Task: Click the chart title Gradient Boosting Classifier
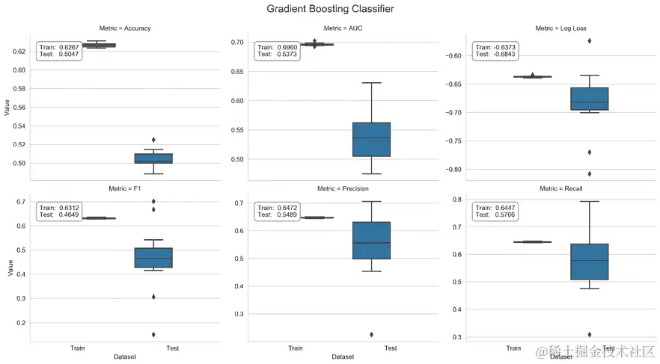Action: click(x=330, y=9)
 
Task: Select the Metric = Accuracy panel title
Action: click(x=125, y=28)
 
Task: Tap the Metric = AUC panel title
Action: click(x=343, y=28)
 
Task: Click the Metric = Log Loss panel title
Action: click(x=561, y=28)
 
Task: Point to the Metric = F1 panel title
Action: click(x=125, y=189)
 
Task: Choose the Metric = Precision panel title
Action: click(x=343, y=189)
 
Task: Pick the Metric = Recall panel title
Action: click(x=561, y=189)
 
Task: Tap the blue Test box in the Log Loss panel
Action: click(x=590, y=99)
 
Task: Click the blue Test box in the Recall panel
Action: click(x=590, y=262)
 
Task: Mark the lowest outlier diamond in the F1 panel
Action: click(x=153, y=334)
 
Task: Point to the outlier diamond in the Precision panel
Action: click(x=371, y=334)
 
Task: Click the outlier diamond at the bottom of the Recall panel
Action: click(x=590, y=334)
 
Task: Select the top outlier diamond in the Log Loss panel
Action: click(x=590, y=40)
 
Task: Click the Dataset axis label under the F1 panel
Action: click(x=125, y=357)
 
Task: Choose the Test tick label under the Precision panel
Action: click(x=391, y=348)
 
